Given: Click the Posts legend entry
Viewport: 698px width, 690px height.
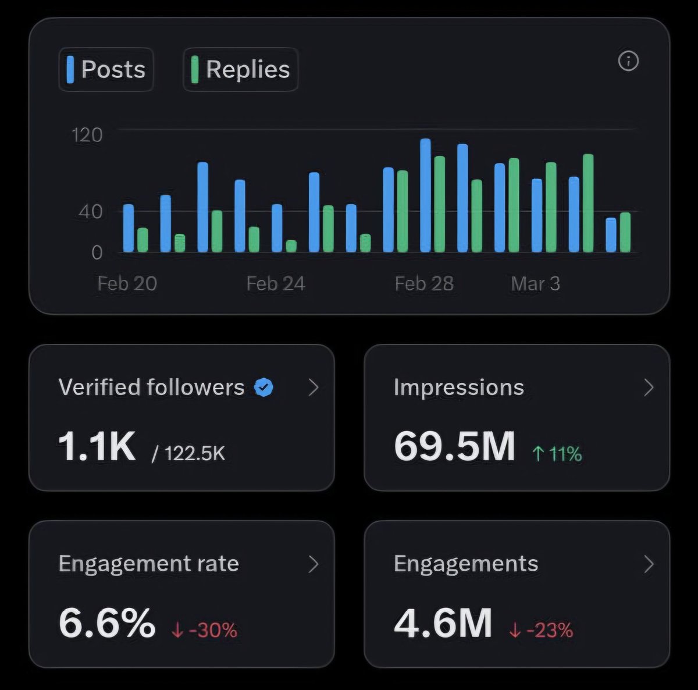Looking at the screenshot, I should tap(106, 69).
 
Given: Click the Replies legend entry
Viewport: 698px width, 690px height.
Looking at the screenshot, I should tap(240, 69).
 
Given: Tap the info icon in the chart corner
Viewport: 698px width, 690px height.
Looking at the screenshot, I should tap(628, 61).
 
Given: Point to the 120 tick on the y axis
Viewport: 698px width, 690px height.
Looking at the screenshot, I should tap(87, 135).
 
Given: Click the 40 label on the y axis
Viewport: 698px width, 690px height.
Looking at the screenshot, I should tap(90, 212).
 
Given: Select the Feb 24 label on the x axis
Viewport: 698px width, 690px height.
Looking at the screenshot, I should tap(275, 284).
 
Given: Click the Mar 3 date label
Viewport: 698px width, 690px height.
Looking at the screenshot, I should tap(535, 284).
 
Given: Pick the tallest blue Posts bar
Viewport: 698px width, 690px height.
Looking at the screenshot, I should tap(425, 195).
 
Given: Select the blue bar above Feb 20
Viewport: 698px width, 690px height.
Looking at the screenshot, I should tap(129, 228).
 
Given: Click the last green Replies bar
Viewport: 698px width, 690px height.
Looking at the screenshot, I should tap(625, 232).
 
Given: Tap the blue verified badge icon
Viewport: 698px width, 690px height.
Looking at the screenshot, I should tap(264, 387).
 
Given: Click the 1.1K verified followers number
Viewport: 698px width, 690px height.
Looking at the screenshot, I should tap(97, 447).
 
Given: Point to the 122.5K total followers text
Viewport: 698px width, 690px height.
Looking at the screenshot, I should tap(188, 453).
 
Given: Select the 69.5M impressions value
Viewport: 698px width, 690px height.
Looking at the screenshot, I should tap(454, 447).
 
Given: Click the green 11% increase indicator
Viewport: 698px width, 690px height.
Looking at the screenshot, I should tap(557, 454).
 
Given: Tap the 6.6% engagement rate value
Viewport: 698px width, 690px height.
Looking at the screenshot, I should tap(107, 623).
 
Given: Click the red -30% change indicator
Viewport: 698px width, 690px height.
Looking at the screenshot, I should tap(205, 630).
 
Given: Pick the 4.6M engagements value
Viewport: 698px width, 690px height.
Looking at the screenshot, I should tap(443, 623).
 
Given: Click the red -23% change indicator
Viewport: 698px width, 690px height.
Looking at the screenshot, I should tap(541, 630).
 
